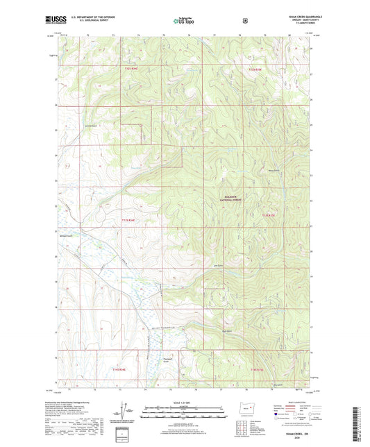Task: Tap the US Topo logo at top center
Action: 185,21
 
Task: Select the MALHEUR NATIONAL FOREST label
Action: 236,199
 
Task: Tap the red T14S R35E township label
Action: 258,369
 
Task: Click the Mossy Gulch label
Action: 273,167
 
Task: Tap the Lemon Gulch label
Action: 90,126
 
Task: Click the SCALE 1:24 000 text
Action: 185,405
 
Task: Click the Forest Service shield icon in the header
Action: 245,20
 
